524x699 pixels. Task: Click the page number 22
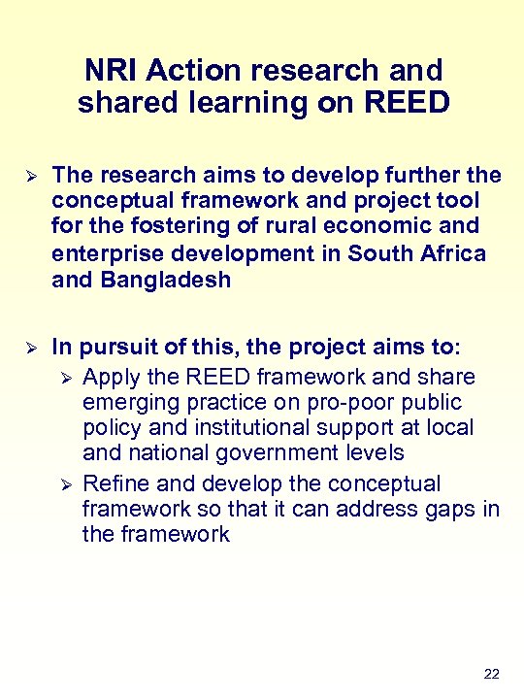point(491,674)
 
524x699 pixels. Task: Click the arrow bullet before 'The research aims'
point(28,176)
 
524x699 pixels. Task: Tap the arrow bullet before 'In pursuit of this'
point(28,348)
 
